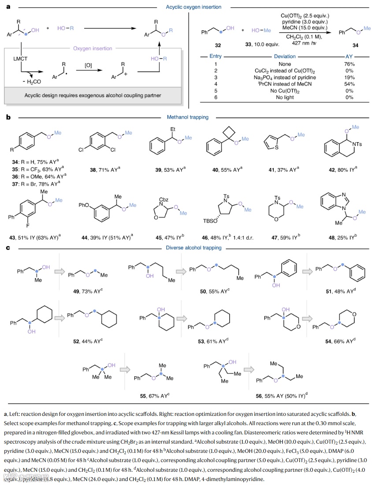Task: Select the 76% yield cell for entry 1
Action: (350, 64)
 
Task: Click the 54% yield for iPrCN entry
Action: (350, 84)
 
